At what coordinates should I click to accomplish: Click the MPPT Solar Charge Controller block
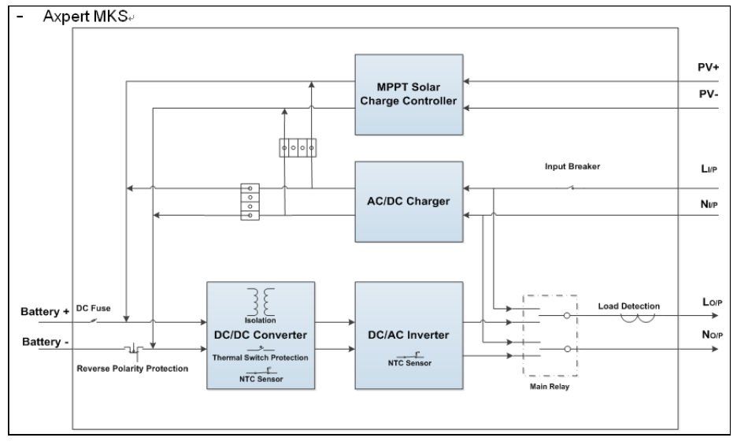point(408,93)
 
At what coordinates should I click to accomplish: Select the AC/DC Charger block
point(408,201)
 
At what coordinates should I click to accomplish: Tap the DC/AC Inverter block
point(408,335)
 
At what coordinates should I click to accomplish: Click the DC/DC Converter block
point(261,335)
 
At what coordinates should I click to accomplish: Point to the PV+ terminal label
point(708,68)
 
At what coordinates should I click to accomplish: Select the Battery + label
point(45,313)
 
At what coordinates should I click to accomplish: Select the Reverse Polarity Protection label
point(132,368)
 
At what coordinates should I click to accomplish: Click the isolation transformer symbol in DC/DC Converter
point(261,300)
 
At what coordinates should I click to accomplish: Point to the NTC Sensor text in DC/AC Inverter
point(407,363)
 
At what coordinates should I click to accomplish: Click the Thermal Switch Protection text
point(261,357)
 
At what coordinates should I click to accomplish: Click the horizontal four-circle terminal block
point(298,147)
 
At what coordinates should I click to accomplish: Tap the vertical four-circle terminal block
point(250,201)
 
